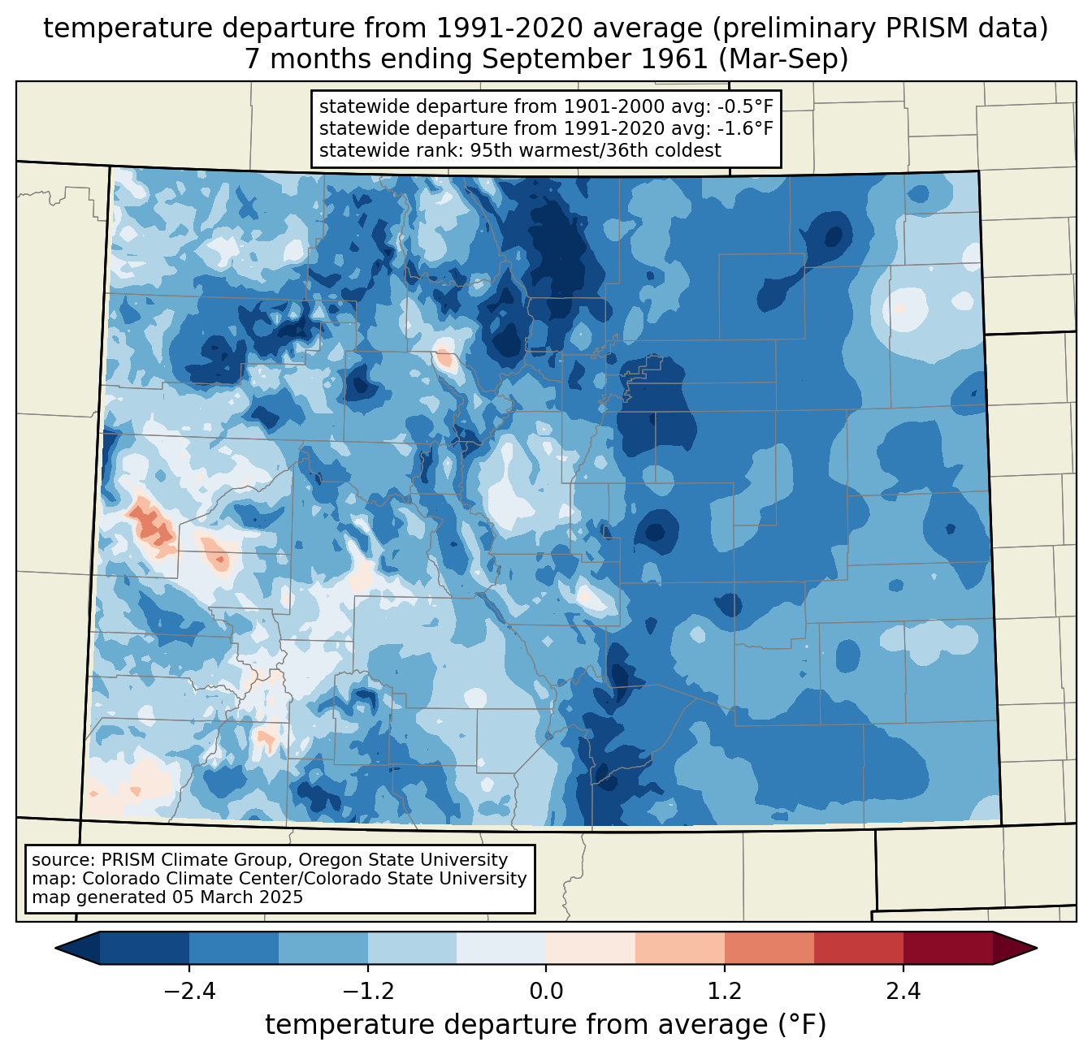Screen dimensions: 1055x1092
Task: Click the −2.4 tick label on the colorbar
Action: (188, 992)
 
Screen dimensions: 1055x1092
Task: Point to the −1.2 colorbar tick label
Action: (367, 992)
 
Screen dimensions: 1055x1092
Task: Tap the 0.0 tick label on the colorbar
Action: (546, 992)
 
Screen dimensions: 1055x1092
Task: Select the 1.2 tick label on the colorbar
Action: (725, 992)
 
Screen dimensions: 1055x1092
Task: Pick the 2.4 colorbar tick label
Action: (903, 992)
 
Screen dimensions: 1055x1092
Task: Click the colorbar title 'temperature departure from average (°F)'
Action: (546, 1025)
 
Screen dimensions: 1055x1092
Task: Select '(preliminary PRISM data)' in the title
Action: (878, 28)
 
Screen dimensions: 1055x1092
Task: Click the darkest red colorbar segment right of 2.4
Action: (947, 948)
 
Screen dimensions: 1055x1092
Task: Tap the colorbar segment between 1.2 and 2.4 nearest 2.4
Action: (858, 948)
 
